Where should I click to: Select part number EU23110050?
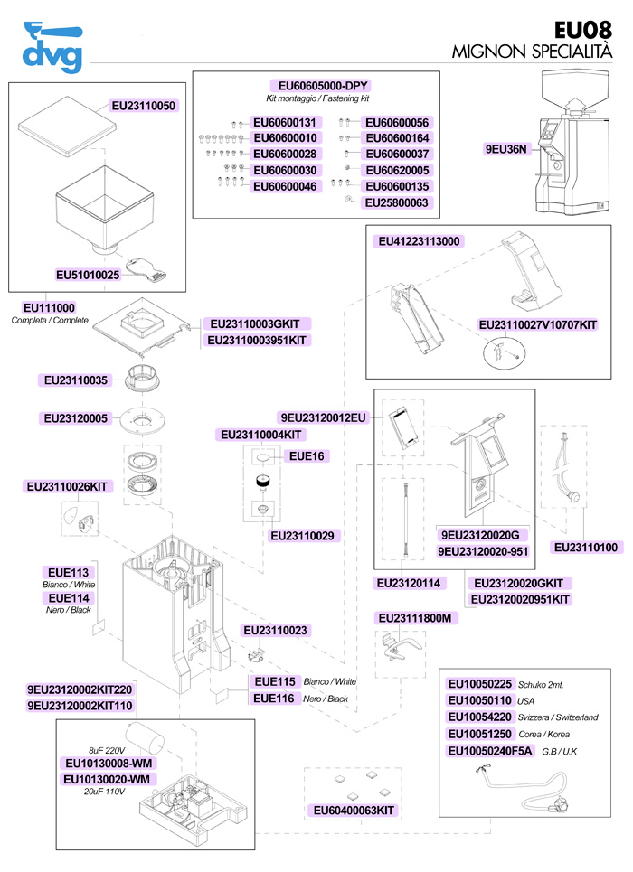point(143,106)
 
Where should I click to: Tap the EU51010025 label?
point(88,274)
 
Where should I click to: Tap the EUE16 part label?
point(306,456)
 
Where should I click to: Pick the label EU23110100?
point(585,548)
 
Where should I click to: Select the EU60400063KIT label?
point(352,811)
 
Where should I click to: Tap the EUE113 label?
point(68,572)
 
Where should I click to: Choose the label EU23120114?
point(407,584)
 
